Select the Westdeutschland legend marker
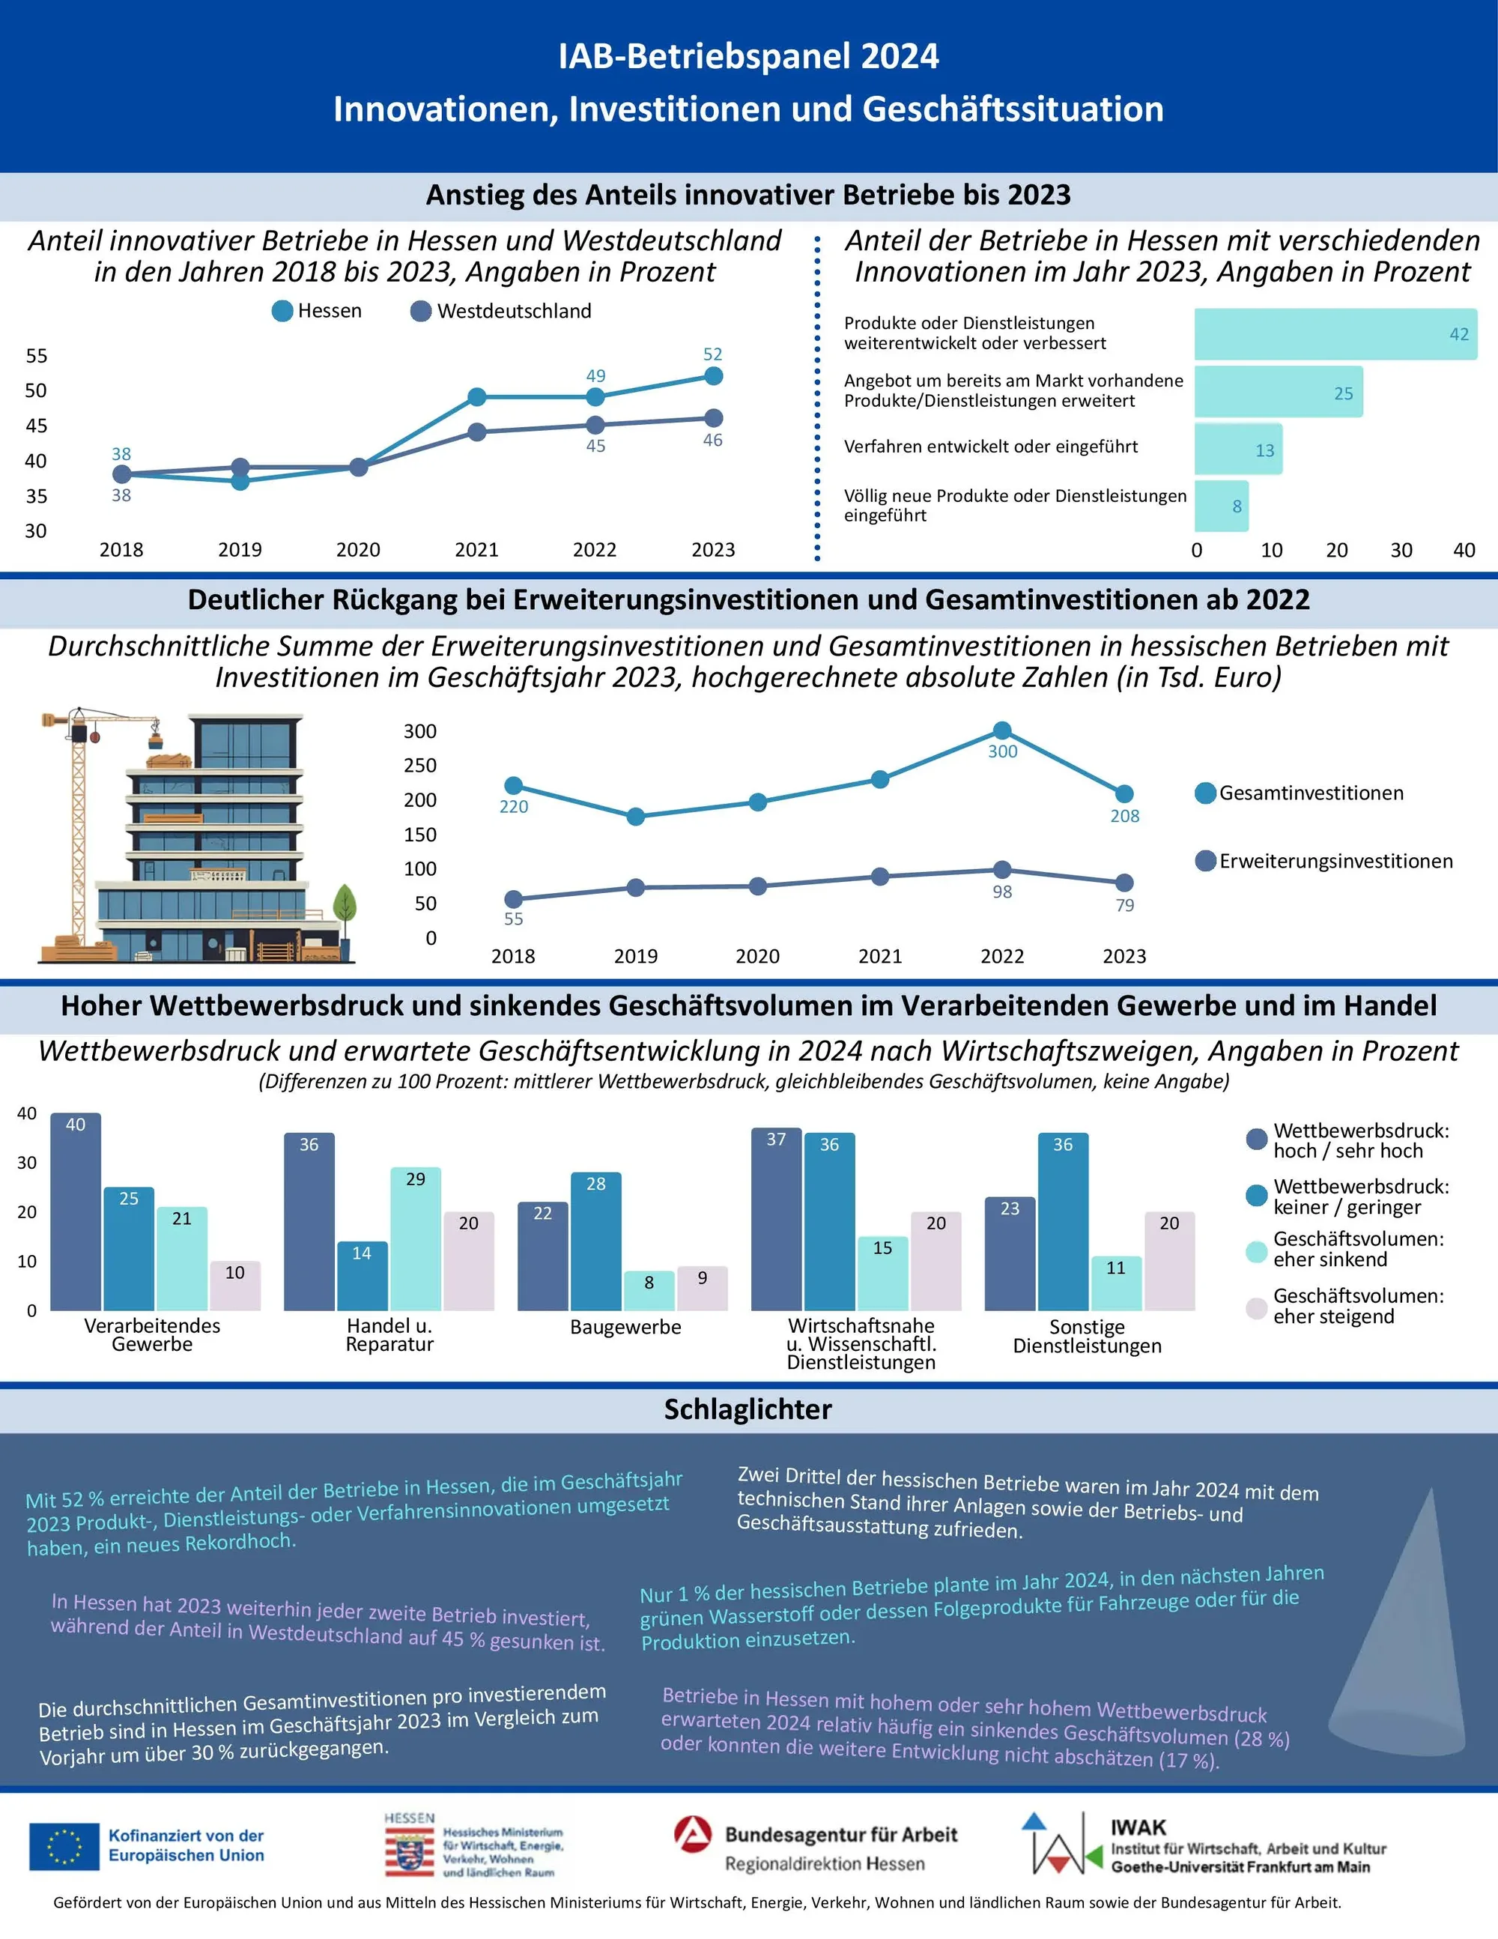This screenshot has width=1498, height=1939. (x=421, y=312)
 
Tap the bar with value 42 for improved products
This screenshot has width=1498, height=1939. (x=1335, y=335)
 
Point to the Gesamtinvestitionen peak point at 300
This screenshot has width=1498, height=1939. (x=1002, y=730)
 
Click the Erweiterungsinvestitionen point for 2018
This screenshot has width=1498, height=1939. (x=513, y=899)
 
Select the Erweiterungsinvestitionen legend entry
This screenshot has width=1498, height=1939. (x=1324, y=861)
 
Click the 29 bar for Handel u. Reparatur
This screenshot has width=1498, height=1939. (x=416, y=1239)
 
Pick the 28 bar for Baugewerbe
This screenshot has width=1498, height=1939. (x=595, y=1241)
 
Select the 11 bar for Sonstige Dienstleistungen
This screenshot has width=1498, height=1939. (x=1117, y=1283)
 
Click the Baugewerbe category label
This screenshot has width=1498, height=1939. (x=625, y=1328)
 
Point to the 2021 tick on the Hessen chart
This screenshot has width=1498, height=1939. (x=476, y=550)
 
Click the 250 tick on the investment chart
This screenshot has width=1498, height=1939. (x=421, y=765)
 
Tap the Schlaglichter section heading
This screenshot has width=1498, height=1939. (x=748, y=1409)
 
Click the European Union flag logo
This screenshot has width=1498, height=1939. (x=64, y=1846)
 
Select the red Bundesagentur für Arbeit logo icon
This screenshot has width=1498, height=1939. (x=693, y=1833)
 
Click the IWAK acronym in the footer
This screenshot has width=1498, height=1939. (x=1138, y=1827)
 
